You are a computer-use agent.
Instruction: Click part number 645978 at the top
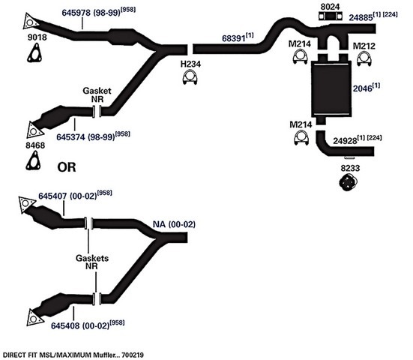coord(76,13)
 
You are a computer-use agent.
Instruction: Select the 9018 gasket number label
coord(37,37)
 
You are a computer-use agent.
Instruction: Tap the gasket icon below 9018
coord(34,53)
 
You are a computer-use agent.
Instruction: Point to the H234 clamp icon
coord(190,78)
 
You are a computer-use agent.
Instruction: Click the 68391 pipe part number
coord(234,38)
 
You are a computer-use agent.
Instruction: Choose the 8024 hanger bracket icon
coord(331,16)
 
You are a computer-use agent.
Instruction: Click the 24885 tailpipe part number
coord(361,17)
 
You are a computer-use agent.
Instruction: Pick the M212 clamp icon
coord(364,59)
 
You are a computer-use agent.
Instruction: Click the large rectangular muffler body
coord(331,89)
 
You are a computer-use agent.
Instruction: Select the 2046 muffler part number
coord(363,88)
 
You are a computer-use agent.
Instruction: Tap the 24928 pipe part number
coord(345,141)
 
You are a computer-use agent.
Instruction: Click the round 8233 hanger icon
coord(348,183)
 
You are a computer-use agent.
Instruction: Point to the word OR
coord(67,167)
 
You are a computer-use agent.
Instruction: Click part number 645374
coord(70,137)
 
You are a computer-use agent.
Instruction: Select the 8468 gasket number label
coord(35,145)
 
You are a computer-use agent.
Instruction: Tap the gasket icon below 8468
coord(33,160)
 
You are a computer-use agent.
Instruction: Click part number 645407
coord(52,196)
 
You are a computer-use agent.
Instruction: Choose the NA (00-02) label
coord(174,224)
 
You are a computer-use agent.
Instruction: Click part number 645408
coord(65,325)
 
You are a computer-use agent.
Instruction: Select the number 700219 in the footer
coord(134,355)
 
